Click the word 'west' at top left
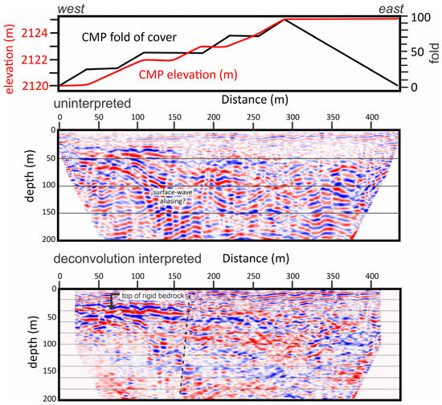[x=71, y=9]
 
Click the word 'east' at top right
[x=391, y=9]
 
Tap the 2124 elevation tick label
[x=35, y=33]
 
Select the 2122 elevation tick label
[x=35, y=59]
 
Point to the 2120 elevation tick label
[x=35, y=86]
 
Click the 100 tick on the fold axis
[x=420, y=18]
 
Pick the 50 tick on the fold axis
[x=417, y=52]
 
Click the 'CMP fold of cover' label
[x=129, y=37]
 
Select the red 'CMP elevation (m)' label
[x=188, y=75]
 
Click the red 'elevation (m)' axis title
[x=9, y=59]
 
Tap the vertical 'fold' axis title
[x=435, y=53]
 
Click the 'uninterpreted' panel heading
[x=92, y=104]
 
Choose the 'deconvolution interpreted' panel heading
[x=128, y=259]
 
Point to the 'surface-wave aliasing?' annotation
[x=173, y=197]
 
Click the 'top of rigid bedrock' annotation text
[x=153, y=296]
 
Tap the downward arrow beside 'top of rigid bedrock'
[x=112, y=301]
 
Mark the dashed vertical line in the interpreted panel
[x=185, y=344]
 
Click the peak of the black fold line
[x=284, y=20]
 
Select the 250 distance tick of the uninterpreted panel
[x=253, y=117]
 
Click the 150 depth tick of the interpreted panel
[x=49, y=371]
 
